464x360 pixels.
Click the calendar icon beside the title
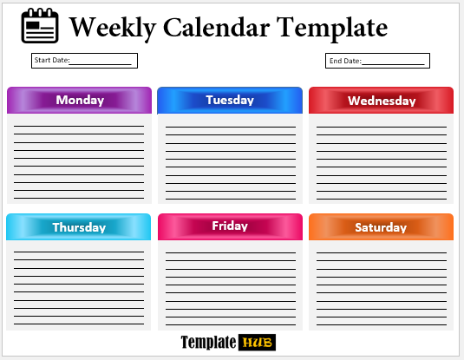[x=40, y=26]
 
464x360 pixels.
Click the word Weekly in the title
[x=113, y=28]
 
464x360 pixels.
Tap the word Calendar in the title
[x=216, y=27]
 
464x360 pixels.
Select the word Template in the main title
[x=332, y=28]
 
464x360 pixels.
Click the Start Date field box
[x=84, y=61]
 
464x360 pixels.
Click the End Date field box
[x=377, y=61]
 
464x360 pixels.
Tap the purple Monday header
[x=79, y=100]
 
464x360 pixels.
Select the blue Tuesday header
[x=230, y=100]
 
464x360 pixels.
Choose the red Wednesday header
[x=381, y=100]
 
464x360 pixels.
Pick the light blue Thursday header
[x=78, y=226]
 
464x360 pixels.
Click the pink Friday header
[x=230, y=226]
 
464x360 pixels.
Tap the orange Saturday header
[x=381, y=226]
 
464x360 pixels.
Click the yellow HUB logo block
[x=258, y=343]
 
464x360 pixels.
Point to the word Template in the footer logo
[x=208, y=343]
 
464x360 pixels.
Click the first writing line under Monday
[x=79, y=126]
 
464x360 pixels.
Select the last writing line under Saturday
[x=382, y=324]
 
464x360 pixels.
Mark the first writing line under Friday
[x=231, y=252]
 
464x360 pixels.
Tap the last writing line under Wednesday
[x=382, y=199]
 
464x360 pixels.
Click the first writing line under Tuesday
[x=231, y=127]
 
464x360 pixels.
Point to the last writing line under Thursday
[x=79, y=324]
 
